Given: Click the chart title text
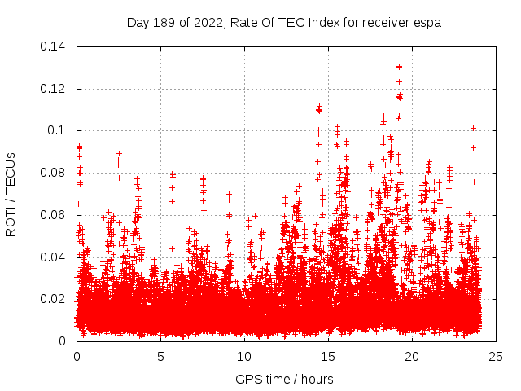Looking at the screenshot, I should coord(283,22).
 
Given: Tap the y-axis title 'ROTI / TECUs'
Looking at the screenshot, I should coord(11,193).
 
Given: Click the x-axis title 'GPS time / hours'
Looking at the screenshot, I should coord(283,379).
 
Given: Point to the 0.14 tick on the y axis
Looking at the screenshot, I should coord(55,46).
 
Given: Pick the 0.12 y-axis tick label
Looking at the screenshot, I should coord(55,88).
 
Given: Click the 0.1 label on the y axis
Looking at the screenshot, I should coord(59,130).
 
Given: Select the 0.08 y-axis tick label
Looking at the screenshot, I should coord(55,173).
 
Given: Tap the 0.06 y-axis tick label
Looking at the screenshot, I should coord(55,215).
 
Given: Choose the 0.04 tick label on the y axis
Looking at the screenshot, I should coord(55,257).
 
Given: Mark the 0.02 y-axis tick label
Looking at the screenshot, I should coord(55,299).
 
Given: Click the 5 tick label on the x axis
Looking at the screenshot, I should coord(161,356).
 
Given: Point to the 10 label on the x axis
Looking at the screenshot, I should coord(245,356).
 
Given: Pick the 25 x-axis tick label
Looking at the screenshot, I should coord(497,356).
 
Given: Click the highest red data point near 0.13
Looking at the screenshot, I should coord(399,66).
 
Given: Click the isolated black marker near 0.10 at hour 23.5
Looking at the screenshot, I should coord(473,128).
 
